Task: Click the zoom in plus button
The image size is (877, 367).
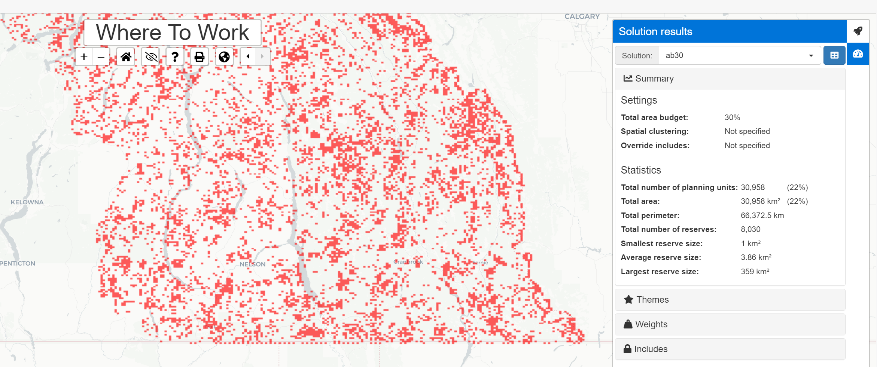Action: [x=84, y=57]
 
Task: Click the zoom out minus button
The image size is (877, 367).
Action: [x=101, y=57]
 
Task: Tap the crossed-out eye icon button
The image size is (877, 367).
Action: [x=150, y=57]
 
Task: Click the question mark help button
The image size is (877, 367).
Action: [x=175, y=57]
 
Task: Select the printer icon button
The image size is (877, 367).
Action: [x=200, y=57]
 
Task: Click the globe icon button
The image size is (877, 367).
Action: [x=224, y=57]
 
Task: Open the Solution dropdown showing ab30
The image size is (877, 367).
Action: [x=739, y=55]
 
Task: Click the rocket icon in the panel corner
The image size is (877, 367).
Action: [x=858, y=31]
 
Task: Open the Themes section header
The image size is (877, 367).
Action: [x=730, y=300]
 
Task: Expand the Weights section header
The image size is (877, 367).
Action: [x=730, y=324]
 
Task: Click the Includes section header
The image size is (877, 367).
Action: [x=730, y=349]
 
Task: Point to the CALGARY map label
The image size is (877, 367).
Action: [x=582, y=16]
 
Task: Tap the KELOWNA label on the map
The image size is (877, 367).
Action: [x=27, y=202]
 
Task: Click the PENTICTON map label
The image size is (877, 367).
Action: [x=18, y=263]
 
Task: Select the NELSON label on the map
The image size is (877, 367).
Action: [x=253, y=264]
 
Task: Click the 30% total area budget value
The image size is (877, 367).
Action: [x=732, y=117]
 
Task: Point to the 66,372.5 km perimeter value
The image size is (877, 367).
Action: [x=762, y=215]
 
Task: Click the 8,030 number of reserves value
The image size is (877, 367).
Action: [x=750, y=229]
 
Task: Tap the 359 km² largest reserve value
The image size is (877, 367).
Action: [x=755, y=272]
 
